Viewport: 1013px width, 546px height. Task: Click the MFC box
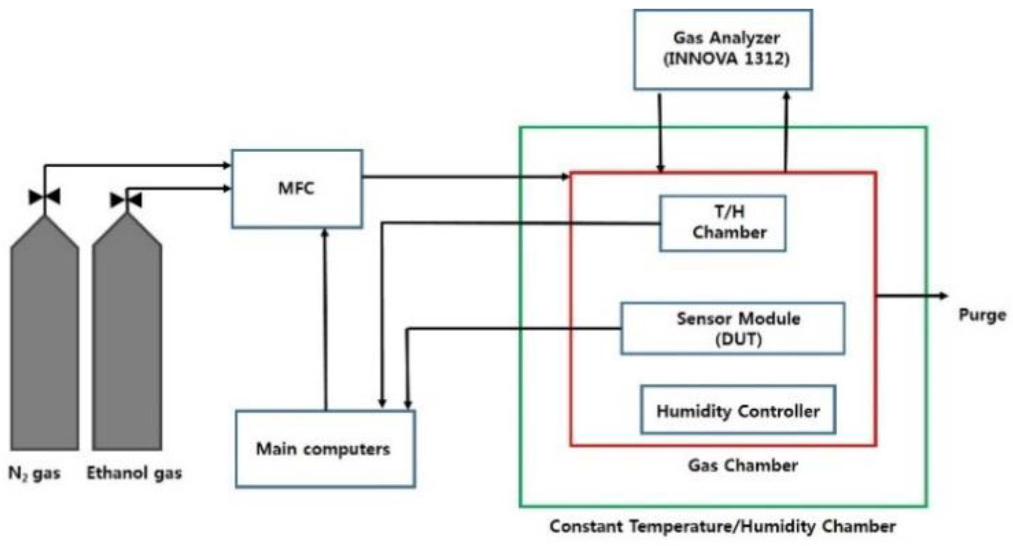click(297, 188)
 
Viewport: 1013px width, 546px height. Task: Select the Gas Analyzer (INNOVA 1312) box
click(723, 49)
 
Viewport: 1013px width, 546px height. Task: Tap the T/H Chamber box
click(722, 223)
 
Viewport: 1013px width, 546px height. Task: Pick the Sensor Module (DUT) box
click(732, 329)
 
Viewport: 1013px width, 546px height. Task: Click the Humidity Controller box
click(737, 410)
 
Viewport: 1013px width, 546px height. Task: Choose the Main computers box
click(325, 449)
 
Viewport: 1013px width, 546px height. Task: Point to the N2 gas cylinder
click(44, 336)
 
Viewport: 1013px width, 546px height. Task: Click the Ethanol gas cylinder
click(127, 336)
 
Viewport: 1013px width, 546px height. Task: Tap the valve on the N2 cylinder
click(44, 197)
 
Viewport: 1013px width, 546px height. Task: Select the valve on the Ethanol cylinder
click(126, 200)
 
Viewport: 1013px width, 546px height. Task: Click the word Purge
click(982, 315)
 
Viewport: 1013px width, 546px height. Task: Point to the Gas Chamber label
click(743, 465)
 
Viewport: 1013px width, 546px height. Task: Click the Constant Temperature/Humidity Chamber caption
click(723, 527)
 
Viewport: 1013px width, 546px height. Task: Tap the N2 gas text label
click(34, 474)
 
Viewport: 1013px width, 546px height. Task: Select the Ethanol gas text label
click(134, 473)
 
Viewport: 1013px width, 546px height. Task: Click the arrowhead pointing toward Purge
click(943, 296)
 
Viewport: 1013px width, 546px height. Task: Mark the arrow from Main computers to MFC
click(326, 319)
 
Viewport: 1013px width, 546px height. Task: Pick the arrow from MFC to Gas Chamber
click(466, 176)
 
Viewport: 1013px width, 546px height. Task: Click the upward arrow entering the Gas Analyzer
click(786, 129)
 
